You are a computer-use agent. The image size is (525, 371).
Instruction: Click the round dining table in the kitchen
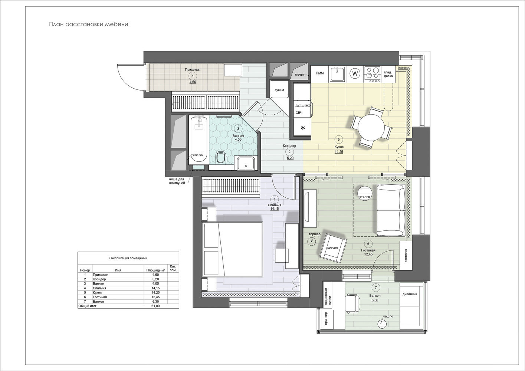[x=371, y=128]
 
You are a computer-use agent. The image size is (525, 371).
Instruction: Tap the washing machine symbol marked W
[x=355, y=73]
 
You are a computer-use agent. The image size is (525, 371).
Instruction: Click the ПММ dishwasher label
[x=320, y=73]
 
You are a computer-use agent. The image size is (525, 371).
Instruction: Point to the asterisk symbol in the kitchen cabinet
[x=303, y=128]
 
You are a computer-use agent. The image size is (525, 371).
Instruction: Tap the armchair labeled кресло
[x=332, y=248]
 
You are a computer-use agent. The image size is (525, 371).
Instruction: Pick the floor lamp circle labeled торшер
[x=312, y=241]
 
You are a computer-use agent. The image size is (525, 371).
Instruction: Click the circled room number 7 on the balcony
[x=376, y=288]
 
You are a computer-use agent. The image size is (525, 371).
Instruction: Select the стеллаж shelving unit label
[x=406, y=255]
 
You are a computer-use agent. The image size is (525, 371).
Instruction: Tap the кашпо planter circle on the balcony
[x=382, y=324]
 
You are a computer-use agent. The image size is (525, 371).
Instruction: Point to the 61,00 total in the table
[x=155, y=306]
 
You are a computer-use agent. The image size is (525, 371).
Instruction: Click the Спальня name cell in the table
[x=99, y=288]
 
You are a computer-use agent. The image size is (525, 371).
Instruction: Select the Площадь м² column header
[x=155, y=270]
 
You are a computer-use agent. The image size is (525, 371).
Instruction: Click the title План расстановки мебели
[x=89, y=24]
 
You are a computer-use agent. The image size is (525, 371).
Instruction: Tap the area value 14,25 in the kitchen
[x=339, y=152]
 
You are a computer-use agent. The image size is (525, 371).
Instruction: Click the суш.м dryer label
[x=279, y=90]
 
